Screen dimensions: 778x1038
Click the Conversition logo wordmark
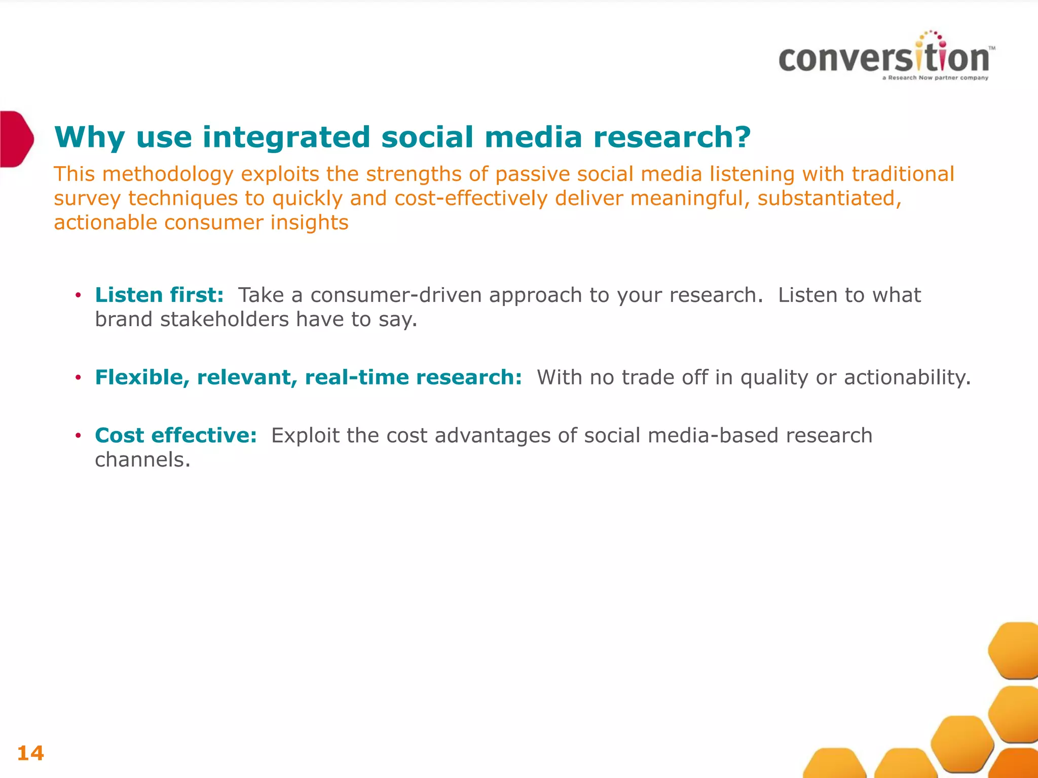coord(884,58)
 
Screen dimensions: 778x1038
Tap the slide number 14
coord(30,753)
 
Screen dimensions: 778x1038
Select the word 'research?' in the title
coord(672,137)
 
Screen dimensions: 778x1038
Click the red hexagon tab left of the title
coord(15,138)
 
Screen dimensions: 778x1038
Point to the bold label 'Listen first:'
coord(159,295)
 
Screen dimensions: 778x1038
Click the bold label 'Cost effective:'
coord(176,435)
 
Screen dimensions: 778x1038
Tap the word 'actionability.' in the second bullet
coord(907,377)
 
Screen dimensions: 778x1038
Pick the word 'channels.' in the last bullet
coord(142,460)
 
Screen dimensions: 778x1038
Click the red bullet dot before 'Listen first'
coord(78,295)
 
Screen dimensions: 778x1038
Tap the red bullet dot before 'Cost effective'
coord(78,436)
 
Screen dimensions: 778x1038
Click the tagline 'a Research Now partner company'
coord(935,78)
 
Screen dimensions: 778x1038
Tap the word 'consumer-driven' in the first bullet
coord(396,295)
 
